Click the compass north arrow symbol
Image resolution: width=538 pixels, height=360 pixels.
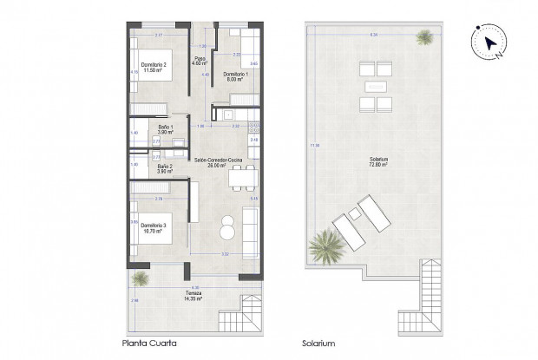(489, 43)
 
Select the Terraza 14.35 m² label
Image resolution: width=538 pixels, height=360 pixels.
(193, 297)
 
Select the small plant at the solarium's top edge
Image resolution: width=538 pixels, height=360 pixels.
(425, 37)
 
